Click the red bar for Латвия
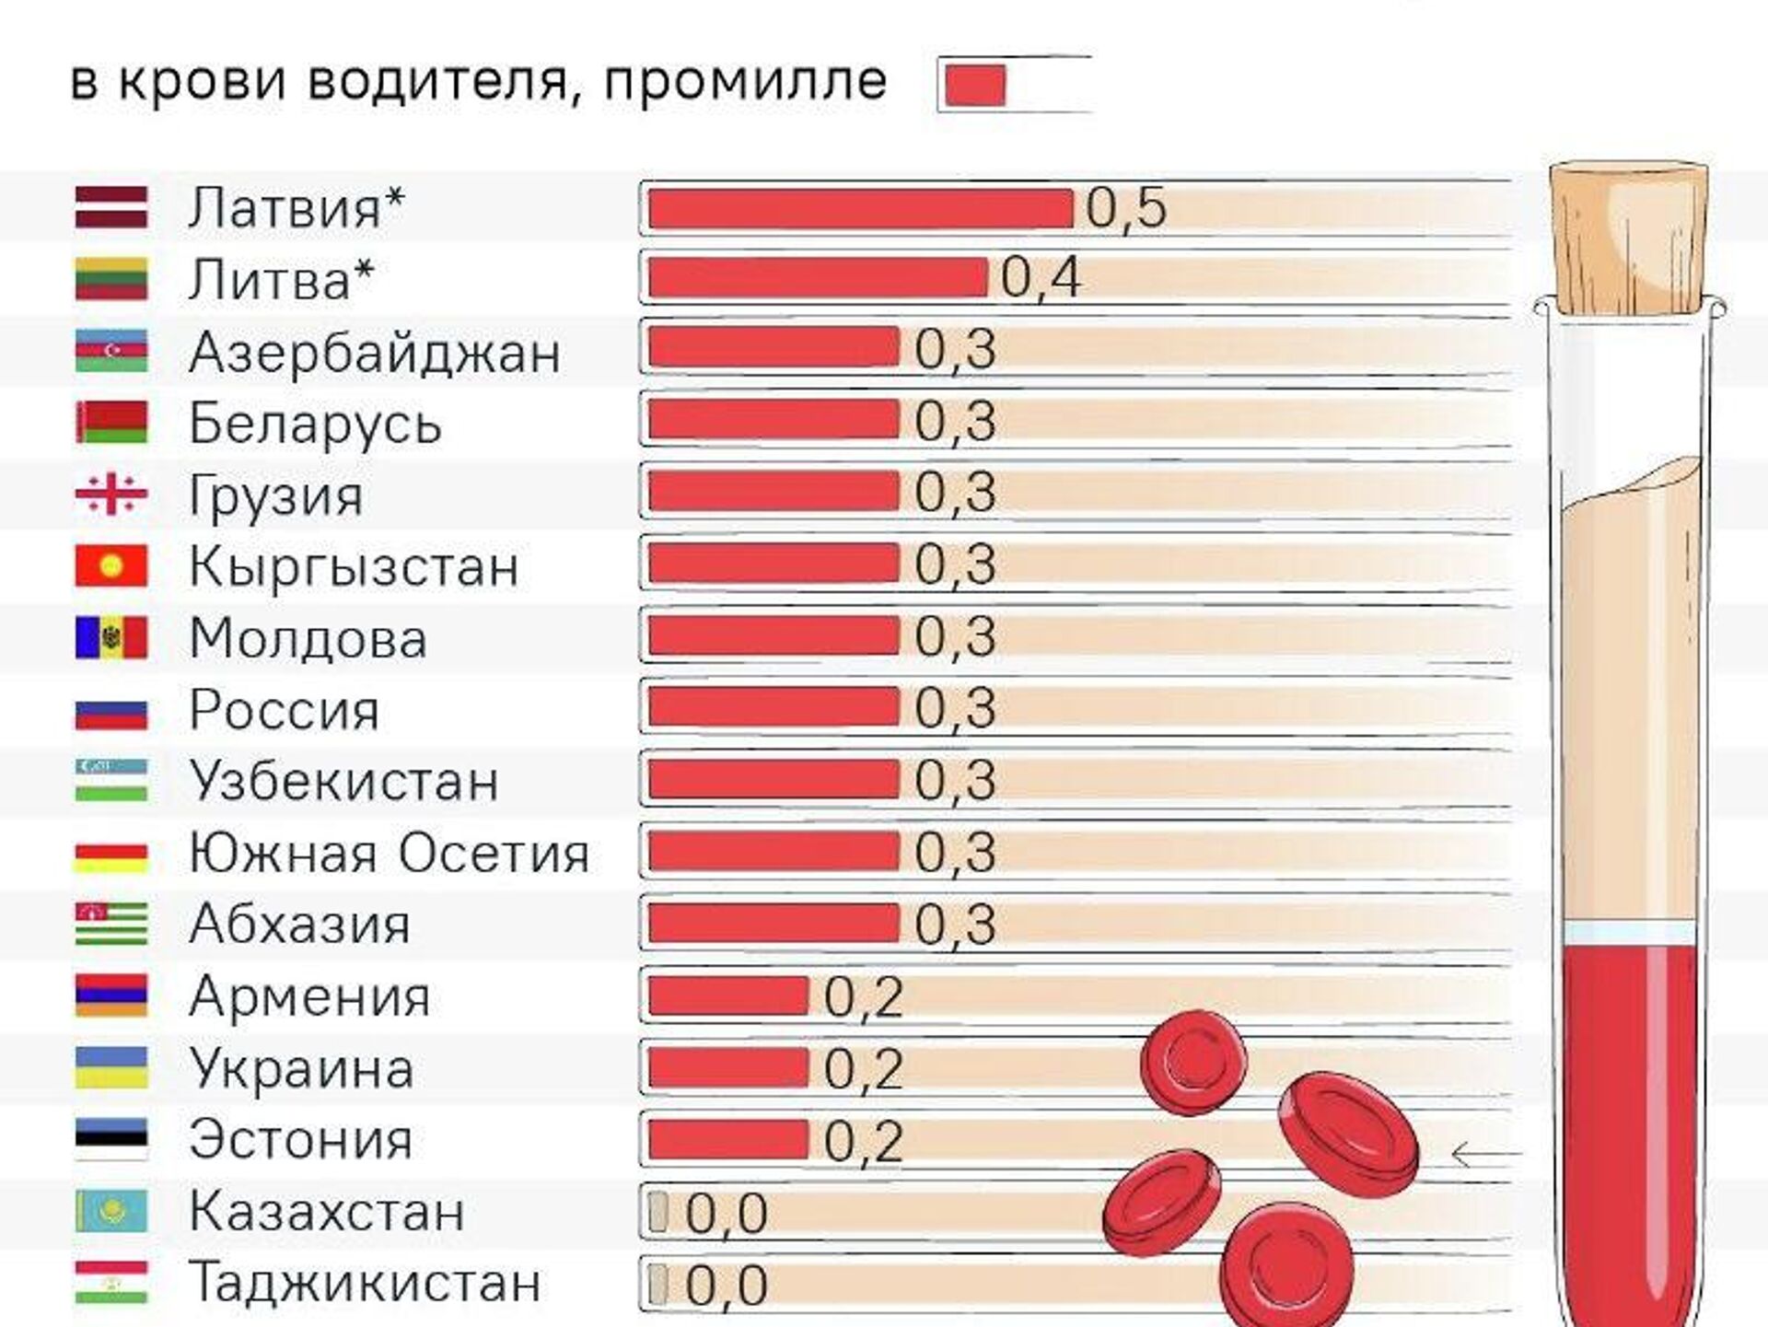[x=860, y=208]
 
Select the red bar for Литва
[x=818, y=278]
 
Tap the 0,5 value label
[x=1126, y=208]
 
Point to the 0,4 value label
[x=1041, y=278]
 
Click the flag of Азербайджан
[x=110, y=351]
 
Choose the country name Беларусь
[x=315, y=424]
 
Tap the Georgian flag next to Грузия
[x=110, y=495]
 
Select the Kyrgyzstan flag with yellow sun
[x=110, y=565]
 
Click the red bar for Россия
[x=773, y=707]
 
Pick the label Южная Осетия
[x=389, y=853]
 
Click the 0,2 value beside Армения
[x=863, y=996]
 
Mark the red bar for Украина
[x=727, y=1068]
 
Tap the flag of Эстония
[x=110, y=1139]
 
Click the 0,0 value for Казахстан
[x=727, y=1213]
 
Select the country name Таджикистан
[x=365, y=1283]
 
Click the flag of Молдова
[x=110, y=637]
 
